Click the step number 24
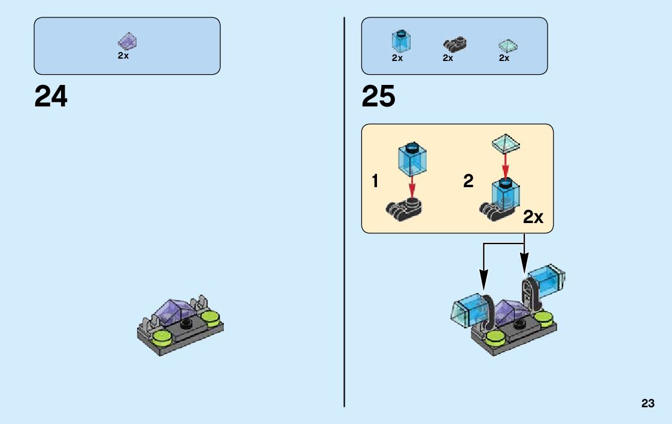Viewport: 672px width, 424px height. click(x=51, y=96)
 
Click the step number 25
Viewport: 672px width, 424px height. click(x=378, y=96)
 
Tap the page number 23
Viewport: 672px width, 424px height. click(x=648, y=404)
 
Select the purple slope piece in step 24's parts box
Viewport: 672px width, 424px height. click(x=127, y=42)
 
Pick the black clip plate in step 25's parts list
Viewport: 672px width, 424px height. click(x=455, y=44)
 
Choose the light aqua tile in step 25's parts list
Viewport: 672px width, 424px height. click(x=507, y=45)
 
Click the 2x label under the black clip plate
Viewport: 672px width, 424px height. click(x=448, y=59)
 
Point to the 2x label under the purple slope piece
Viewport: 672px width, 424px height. click(x=123, y=55)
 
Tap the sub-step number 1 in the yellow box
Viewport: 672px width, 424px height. click(x=375, y=181)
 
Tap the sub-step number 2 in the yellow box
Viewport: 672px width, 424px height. click(x=468, y=181)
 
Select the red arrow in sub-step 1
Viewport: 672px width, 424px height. click(x=412, y=186)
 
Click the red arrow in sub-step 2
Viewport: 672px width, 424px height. click(x=506, y=162)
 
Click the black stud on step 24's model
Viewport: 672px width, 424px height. click(x=186, y=325)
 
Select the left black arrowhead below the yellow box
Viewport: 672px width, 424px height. click(x=484, y=280)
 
